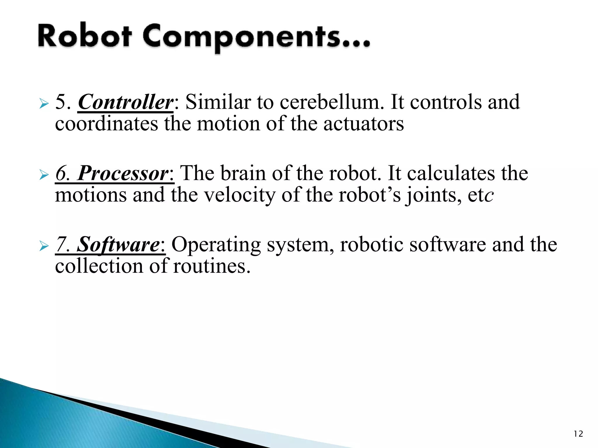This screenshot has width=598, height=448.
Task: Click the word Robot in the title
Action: pyautogui.click(x=85, y=37)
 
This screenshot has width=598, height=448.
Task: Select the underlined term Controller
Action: pyautogui.click(x=126, y=102)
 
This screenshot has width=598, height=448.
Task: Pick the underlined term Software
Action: pyautogui.click(x=118, y=245)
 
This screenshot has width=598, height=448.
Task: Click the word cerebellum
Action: pyautogui.click(x=332, y=102)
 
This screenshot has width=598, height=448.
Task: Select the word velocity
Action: pyautogui.click(x=239, y=195)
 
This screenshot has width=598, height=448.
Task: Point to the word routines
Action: pyautogui.click(x=212, y=266)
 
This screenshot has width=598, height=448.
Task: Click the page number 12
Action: pyautogui.click(x=578, y=434)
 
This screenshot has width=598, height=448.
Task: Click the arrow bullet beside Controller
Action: pyautogui.click(x=44, y=104)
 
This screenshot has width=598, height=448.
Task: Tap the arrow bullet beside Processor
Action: pyautogui.click(x=44, y=175)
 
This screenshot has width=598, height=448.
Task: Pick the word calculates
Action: pyautogui.click(x=451, y=174)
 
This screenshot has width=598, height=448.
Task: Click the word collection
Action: pyautogui.click(x=99, y=266)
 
